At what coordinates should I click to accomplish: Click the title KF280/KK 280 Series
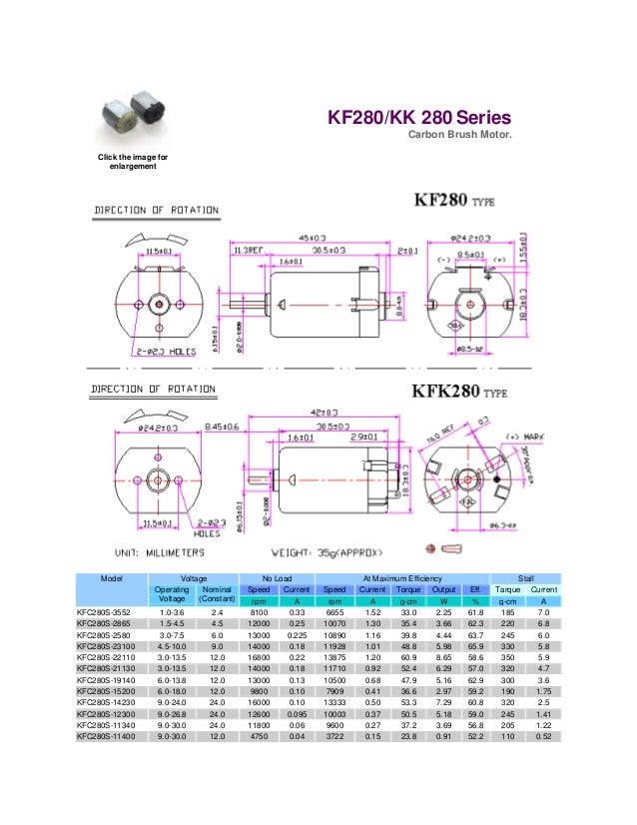pos(419,118)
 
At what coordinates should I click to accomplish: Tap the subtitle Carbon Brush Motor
pos(459,136)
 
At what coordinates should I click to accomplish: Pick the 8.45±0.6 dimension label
pos(214,427)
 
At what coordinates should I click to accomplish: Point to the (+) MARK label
pos(528,437)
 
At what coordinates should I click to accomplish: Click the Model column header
pos(110,578)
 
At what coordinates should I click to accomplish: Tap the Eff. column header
pos(475,590)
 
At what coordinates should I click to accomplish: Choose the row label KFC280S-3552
pos(111,613)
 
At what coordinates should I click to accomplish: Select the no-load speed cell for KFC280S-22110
pos(259,658)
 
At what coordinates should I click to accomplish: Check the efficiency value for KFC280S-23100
pos(475,647)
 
